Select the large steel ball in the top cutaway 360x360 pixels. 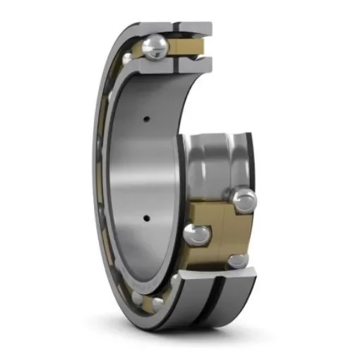pos(155,47)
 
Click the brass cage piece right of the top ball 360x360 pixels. pos(189,47)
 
